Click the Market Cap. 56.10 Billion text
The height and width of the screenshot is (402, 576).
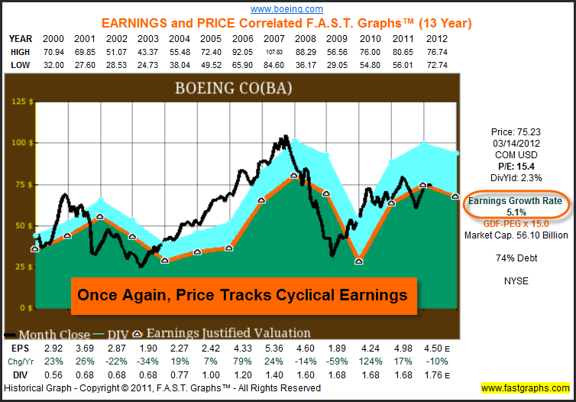pyautogui.click(x=517, y=235)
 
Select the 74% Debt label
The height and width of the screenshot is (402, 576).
pyautogui.click(x=517, y=258)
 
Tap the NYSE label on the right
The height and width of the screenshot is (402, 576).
pyautogui.click(x=516, y=280)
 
